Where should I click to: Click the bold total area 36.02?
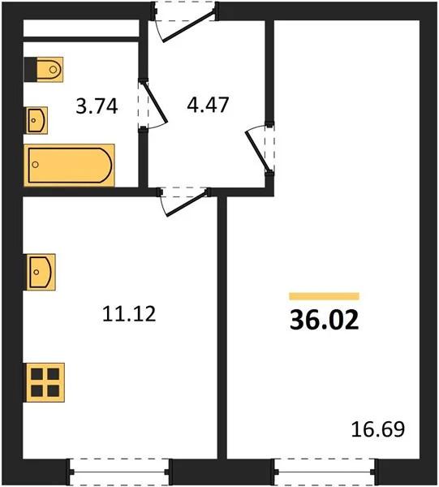click(x=324, y=321)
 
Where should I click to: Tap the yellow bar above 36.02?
click(x=324, y=296)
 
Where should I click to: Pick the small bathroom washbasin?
click(x=37, y=121)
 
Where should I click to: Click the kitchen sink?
click(x=40, y=272)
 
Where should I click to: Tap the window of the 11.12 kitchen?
click(x=119, y=470)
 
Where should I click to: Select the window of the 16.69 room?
click(x=325, y=470)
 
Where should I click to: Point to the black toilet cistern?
click(x=29, y=69)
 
